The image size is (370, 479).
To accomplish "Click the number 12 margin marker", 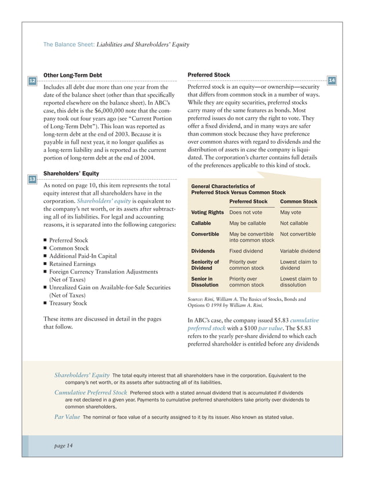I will tap(32, 80).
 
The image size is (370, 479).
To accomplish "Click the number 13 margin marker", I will tap(32, 179).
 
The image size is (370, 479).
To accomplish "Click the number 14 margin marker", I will tap(332, 80).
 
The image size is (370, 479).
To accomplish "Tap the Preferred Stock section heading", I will tap(209, 75).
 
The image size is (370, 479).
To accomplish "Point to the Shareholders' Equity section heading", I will tap(71, 173).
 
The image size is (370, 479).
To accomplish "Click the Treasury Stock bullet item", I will tap(68, 303).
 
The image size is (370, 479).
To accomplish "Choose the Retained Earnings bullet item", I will tap(73, 264).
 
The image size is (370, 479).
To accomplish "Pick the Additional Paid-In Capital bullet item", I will tap(83, 256).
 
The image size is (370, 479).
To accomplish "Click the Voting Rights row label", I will tap(207, 212).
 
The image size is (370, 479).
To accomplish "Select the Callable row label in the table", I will tap(201, 223).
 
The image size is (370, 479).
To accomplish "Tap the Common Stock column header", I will tap(298, 202).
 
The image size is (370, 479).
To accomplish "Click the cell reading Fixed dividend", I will tap(246, 251).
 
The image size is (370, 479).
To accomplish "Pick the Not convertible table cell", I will tap(298, 234).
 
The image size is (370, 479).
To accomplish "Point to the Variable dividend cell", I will tap(300, 251).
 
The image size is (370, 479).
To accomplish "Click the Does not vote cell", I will tap(246, 212).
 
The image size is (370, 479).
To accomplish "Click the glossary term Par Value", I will tap(67, 418).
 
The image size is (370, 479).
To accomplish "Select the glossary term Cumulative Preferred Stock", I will tap(90, 393).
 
